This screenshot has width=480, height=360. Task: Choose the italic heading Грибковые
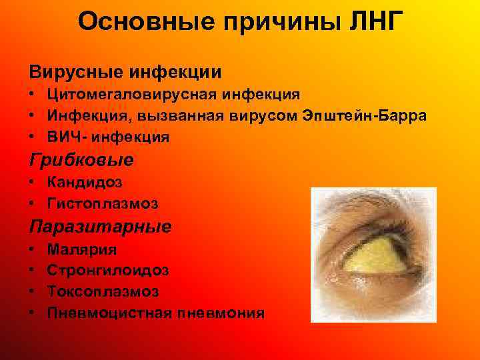81,160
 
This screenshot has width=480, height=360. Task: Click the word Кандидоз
85,181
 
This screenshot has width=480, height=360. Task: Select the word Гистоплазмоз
103,203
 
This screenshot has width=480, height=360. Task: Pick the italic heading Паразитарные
100,226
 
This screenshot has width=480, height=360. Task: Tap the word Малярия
81,249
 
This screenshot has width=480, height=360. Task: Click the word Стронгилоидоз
108,271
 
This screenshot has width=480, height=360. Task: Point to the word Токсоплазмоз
103,292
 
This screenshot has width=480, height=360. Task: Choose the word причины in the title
278,22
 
